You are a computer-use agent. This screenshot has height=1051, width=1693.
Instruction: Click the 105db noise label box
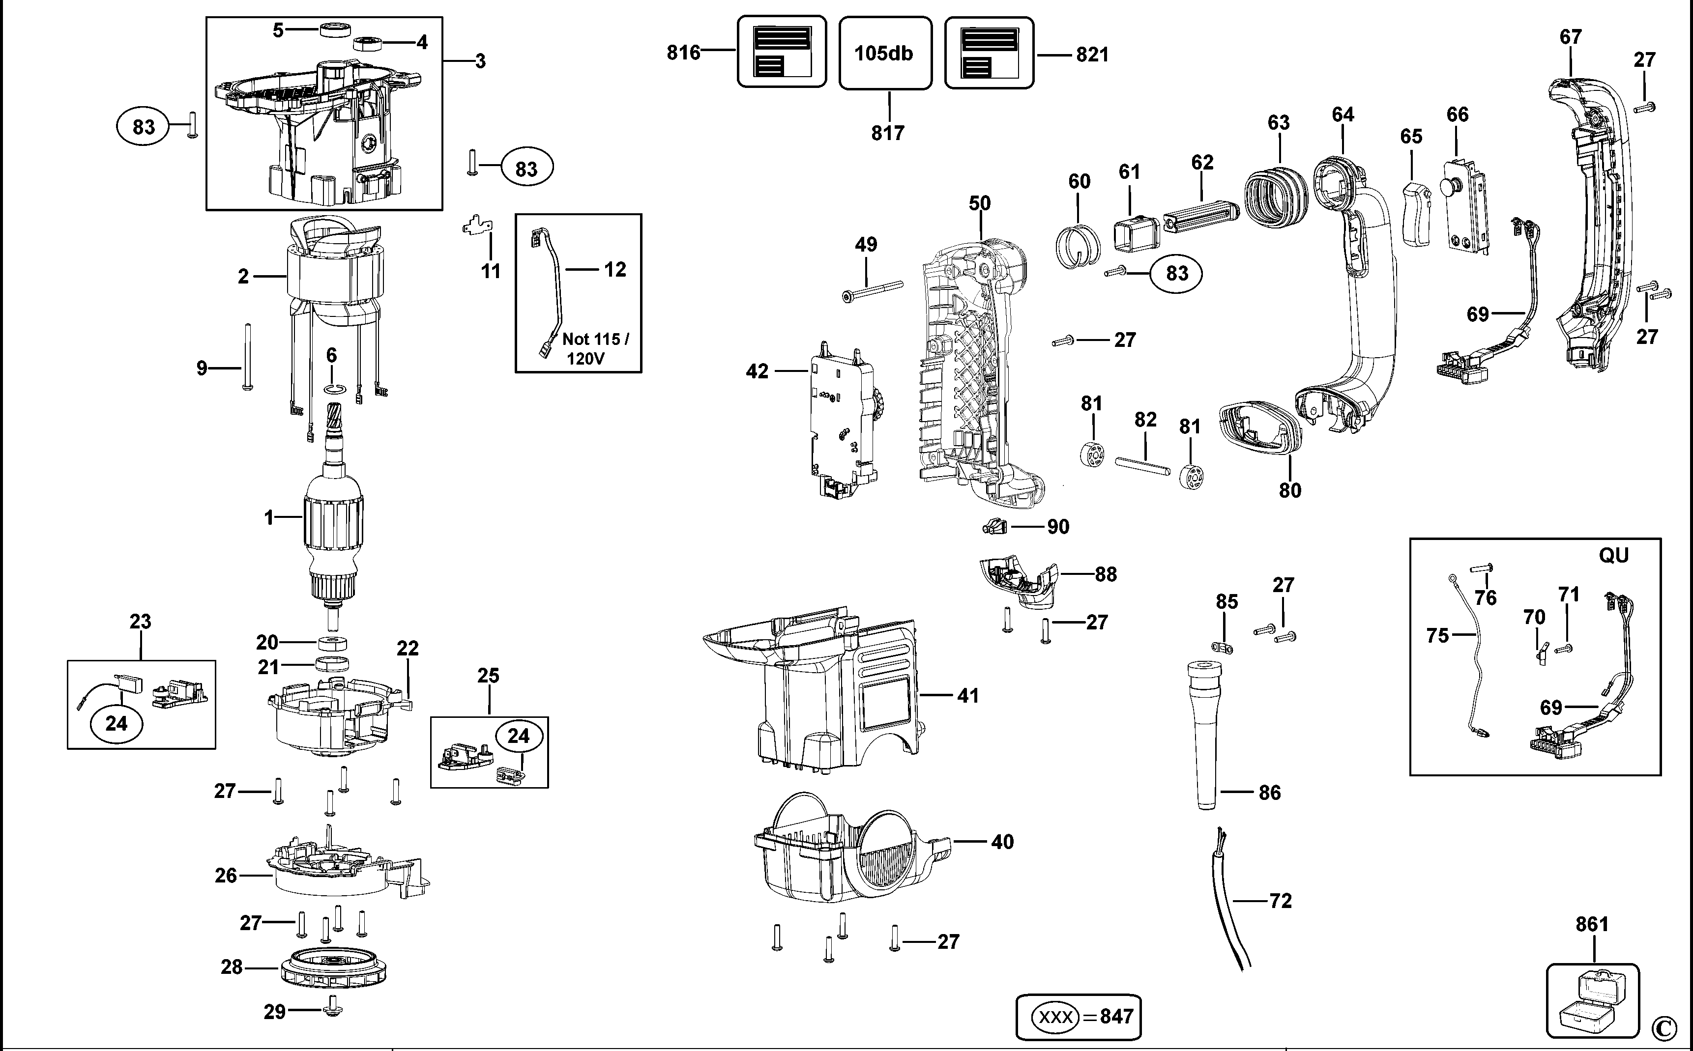pyautogui.click(x=884, y=54)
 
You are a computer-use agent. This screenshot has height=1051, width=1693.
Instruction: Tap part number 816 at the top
pyautogui.click(x=683, y=53)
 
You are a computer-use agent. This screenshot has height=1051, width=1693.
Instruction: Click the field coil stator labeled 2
pyautogui.click(x=334, y=278)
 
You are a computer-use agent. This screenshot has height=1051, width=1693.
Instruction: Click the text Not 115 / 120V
pyautogui.click(x=595, y=348)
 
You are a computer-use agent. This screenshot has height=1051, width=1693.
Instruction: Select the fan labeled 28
pyautogui.click(x=334, y=967)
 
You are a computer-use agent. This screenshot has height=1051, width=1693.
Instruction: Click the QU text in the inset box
pyautogui.click(x=1613, y=555)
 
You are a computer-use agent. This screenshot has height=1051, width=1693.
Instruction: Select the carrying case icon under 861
pyautogui.click(x=1592, y=1001)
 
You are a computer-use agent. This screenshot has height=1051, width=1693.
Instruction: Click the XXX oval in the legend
pyautogui.click(x=1055, y=1017)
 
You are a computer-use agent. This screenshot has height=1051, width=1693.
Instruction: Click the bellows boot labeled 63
pyautogui.click(x=1275, y=197)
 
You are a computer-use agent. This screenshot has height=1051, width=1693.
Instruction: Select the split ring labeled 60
pyautogui.click(x=1077, y=245)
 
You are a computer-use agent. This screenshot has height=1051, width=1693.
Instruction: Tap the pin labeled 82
pyautogui.click(x=1143, y=465)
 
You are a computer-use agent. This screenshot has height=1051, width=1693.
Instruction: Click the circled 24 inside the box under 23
pyautogui.click(x=116, y=724)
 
